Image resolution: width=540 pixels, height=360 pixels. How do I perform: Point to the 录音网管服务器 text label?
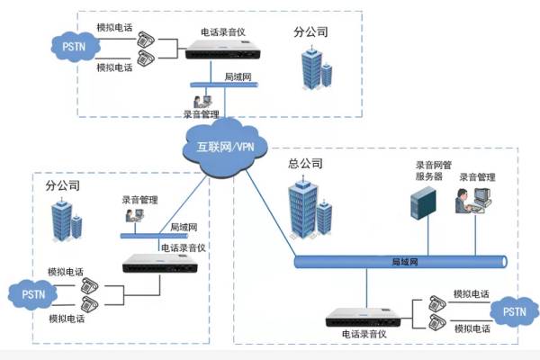pos(429,171)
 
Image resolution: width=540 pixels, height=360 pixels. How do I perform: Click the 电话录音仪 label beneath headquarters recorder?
pos(365,335)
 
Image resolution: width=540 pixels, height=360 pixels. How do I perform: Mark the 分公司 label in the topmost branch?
pos(310,31)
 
